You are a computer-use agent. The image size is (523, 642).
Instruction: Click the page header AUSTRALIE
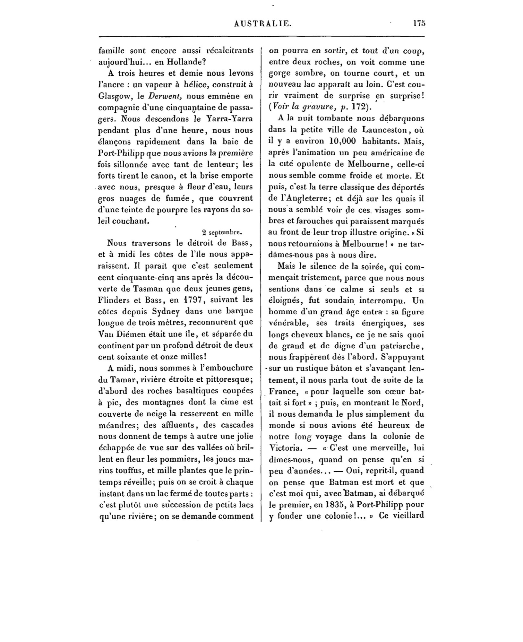263,23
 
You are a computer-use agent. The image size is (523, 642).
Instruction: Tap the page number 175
419,23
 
